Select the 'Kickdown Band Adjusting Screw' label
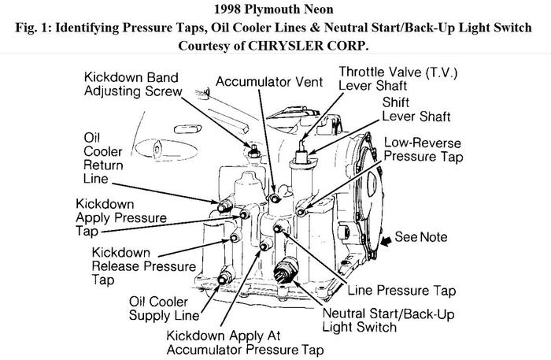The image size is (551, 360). [134, 84]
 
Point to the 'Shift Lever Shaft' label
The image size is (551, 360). [416, 109]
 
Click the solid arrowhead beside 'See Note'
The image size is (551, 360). [384, 237]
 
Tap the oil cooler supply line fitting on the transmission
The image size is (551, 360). [225, 276]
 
